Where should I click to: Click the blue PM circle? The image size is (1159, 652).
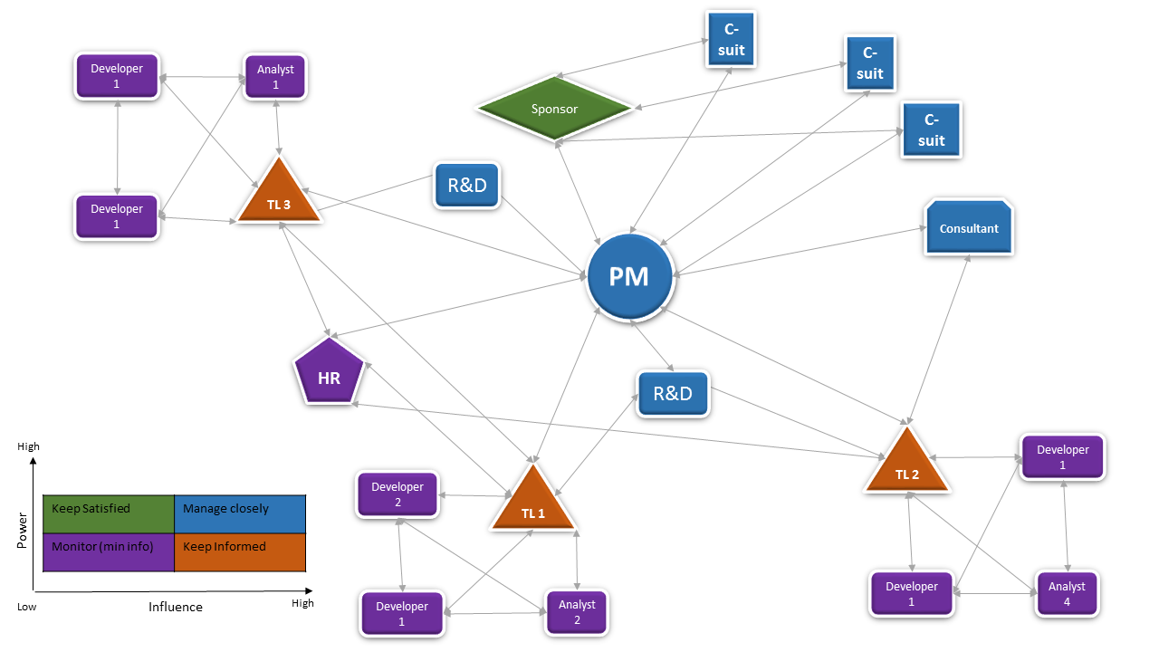click(629, 276)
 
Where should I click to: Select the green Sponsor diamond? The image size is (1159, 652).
click(554, 110)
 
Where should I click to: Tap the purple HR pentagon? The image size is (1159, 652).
click(329, 374)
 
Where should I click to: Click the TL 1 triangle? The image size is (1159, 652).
click(533, 503)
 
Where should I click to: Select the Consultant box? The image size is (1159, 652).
click(969, 228)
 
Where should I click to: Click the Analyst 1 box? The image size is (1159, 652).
click(275, 77)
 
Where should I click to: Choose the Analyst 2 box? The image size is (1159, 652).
click(577, 612)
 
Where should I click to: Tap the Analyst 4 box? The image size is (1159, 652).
click(1067, 594)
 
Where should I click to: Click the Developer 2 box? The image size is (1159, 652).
click(398, 494)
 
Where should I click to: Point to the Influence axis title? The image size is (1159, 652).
click(176, 607)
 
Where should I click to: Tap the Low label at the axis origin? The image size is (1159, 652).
click(27, 607)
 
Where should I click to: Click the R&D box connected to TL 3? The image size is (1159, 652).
click(467, 187)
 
